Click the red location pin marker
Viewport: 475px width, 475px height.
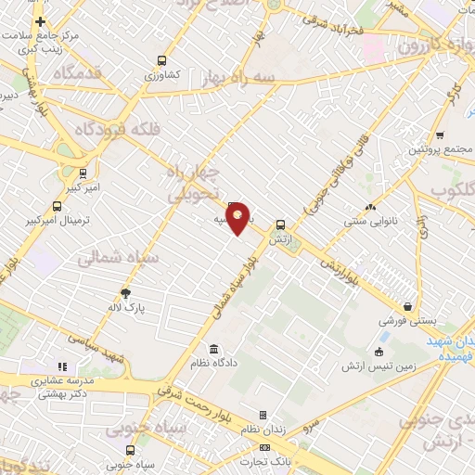(238, 217)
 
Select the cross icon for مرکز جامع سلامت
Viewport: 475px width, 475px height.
(40, 21)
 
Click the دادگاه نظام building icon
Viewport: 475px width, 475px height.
(214, 349)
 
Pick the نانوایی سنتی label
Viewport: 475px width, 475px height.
(370, 222)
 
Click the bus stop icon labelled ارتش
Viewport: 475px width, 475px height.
(280, 224)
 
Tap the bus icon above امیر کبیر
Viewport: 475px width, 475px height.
(83, 173)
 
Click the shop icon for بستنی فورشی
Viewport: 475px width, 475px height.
(407, 306)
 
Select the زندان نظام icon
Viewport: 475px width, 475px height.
(263, 415)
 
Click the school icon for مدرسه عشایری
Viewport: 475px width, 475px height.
(63, 366)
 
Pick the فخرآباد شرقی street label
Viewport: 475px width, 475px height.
(340, 28)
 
